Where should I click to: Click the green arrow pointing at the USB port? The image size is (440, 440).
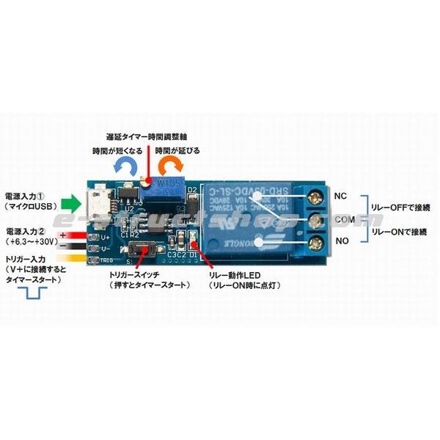[x=69, y=202]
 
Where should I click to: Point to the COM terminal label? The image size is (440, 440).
[x=344, y=219]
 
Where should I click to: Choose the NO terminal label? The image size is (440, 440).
[x=341, y=241]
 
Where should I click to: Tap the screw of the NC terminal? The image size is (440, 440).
[x=316, y=196]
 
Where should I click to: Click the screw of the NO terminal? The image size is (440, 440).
[x=316, y=242]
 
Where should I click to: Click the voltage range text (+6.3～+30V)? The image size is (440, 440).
[x=32, y=241]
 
